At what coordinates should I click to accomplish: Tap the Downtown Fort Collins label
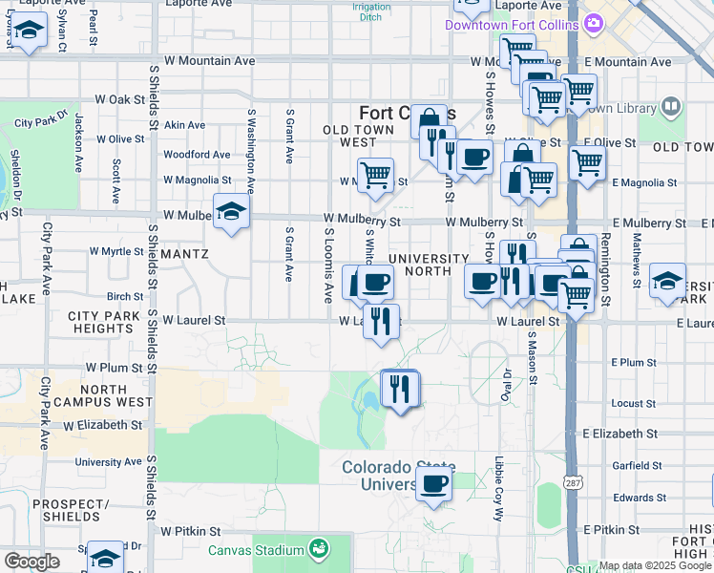514,22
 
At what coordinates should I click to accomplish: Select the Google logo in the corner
31,562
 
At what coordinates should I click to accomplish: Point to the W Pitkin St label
191,530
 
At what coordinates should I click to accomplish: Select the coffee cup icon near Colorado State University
434,484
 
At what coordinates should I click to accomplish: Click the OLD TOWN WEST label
359,135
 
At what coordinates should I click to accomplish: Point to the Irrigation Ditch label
371,12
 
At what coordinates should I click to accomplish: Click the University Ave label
108,461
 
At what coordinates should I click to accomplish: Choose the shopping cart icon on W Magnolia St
375,176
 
